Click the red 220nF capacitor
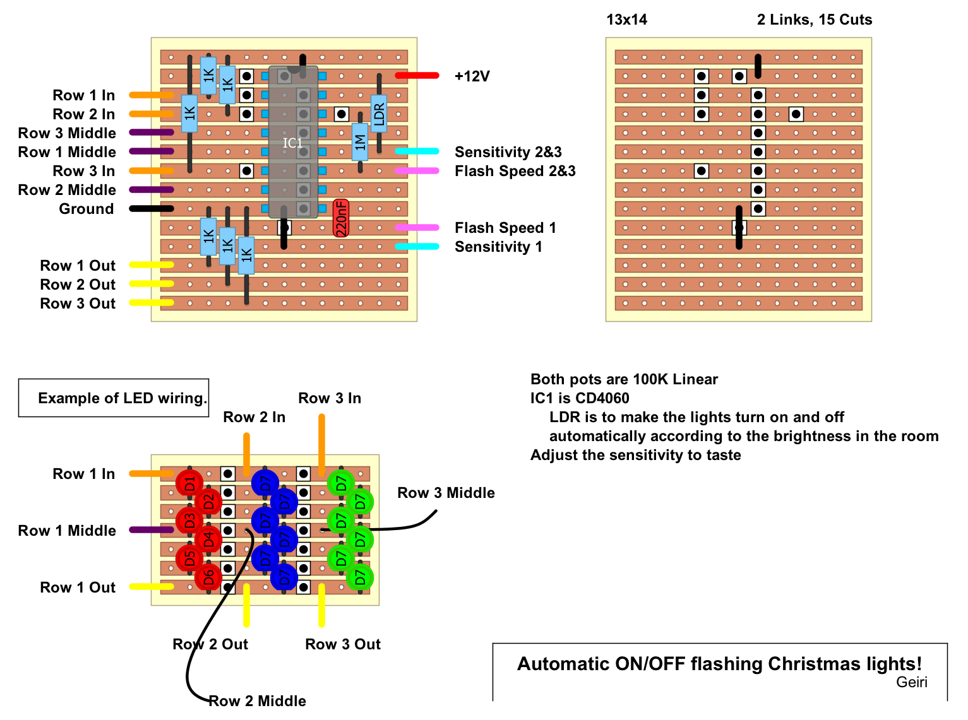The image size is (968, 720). point(341,218)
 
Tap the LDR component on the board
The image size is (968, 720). point(379,114)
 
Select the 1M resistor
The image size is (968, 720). point(360,142)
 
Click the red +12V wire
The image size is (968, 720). point(417,76)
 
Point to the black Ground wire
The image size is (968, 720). point(152,209)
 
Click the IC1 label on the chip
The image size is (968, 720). point(292,143)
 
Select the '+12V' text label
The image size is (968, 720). point(472,76)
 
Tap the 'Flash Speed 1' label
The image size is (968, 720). point(505,228)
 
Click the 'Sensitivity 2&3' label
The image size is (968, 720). point(508,152)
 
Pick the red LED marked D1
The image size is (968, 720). point(189,483)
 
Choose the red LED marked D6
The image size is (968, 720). point(208,577)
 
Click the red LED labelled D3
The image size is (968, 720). point(189,521)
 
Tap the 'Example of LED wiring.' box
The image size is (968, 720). point(114,398)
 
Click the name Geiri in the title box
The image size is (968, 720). point(912,682)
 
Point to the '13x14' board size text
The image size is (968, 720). point(626,20)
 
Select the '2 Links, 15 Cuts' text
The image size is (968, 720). point(815,20)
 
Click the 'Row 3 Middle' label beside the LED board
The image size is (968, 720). point(446,493)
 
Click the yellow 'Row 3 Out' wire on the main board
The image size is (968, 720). point(152,303)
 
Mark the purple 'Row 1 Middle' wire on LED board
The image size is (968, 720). point(152,530)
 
